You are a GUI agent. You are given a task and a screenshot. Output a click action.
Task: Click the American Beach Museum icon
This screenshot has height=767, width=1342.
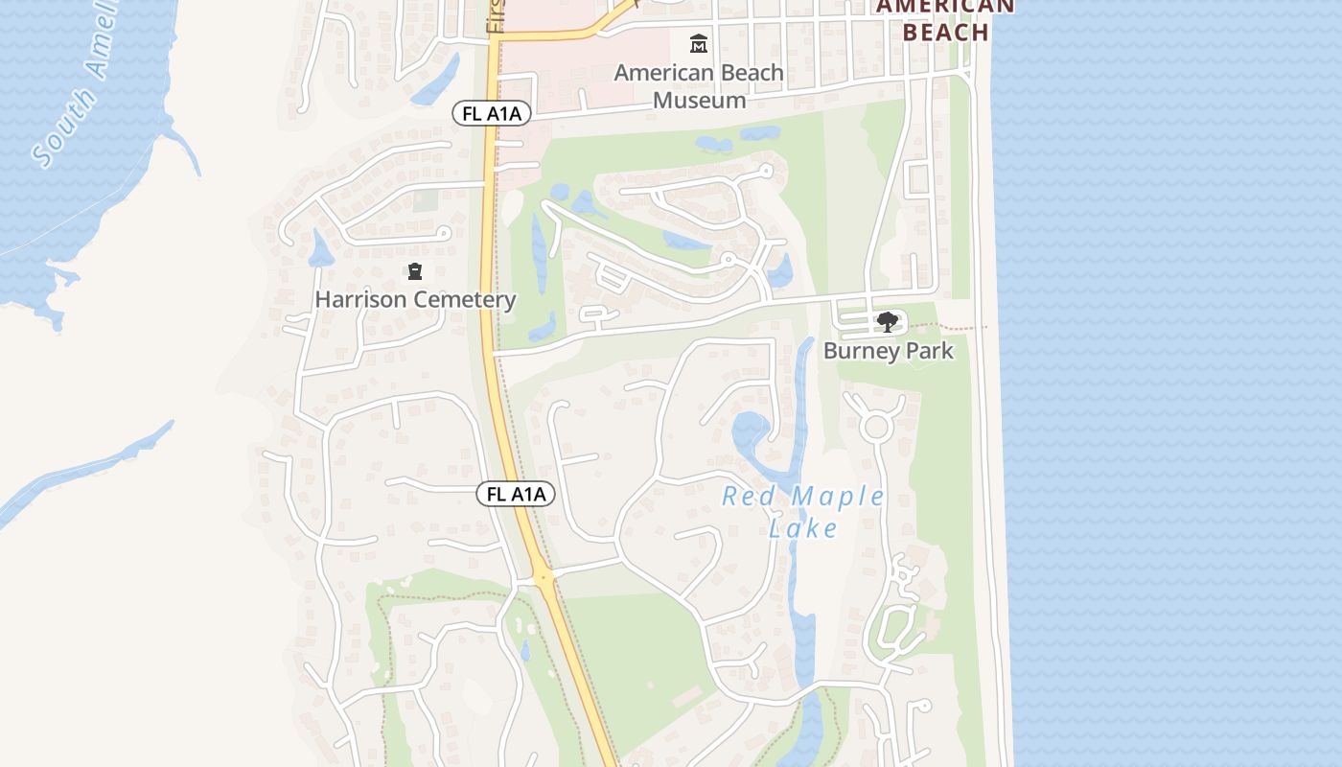(x=699, y=44)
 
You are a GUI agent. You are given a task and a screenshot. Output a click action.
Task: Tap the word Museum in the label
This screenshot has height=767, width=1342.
(x=699, y=100)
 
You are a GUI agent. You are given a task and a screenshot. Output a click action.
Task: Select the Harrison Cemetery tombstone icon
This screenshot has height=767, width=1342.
(x=415, y=272)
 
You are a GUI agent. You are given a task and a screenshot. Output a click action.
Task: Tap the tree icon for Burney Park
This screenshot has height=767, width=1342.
(x=888, y=322)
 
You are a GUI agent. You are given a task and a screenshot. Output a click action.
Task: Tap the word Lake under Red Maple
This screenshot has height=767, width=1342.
(x=803, y=528)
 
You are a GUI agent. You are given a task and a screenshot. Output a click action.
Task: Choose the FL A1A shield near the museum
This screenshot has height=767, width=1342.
(x=492, y=114)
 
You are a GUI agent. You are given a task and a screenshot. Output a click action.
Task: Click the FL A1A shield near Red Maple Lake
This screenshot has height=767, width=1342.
(x=516, y=494)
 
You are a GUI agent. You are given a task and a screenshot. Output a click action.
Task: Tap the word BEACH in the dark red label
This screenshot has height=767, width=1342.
(x=945, y=33)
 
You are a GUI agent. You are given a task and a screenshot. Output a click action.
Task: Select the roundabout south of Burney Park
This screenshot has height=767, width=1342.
(x=874, y=427)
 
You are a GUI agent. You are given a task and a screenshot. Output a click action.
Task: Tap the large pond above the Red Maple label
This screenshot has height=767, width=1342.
(x=752, y=431)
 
